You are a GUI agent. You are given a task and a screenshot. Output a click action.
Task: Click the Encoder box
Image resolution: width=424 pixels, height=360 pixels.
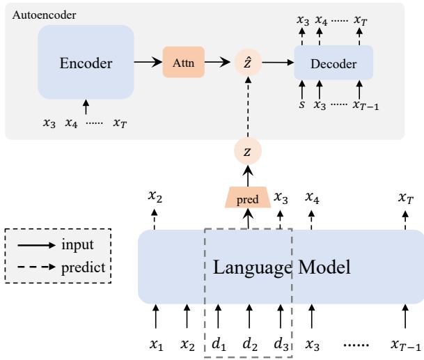[x=86, y=63]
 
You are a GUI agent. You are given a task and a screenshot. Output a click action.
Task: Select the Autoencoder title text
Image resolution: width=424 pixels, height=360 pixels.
[x=35, y=14]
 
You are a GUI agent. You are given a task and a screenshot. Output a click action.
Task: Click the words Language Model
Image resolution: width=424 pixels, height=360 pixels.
[x=281, y=267]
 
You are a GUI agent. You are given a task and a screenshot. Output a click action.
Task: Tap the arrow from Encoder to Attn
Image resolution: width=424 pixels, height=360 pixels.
[x=147, y=63]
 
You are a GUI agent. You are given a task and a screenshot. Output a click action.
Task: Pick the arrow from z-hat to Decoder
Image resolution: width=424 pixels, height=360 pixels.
[x=276, y=63]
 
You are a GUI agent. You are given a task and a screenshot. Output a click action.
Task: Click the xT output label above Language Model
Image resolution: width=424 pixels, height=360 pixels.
[x=405, y=198]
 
